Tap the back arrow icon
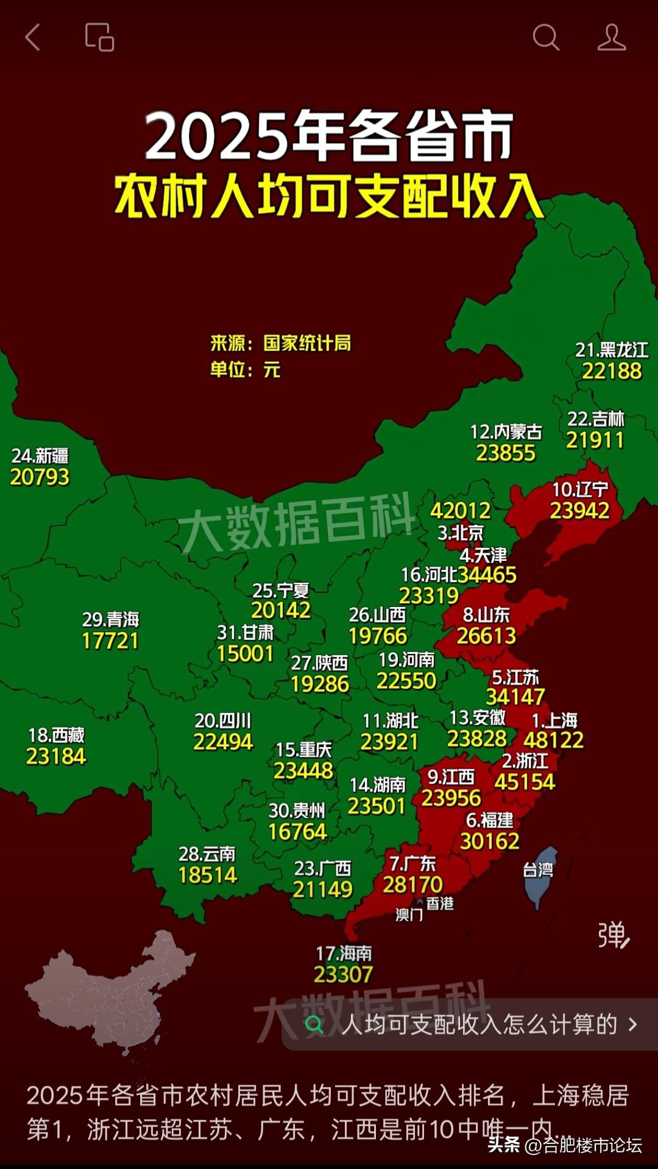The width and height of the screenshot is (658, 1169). tap(33, 37)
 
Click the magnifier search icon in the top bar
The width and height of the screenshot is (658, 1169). tap(545, 37)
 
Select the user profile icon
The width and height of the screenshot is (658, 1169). tap(611, 37)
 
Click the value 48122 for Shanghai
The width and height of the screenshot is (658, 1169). tap(553, 740)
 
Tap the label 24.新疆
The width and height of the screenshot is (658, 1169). tap(40, 455)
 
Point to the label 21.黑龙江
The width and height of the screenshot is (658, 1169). tap(612, 350)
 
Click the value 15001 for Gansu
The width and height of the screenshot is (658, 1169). tap(245, 653)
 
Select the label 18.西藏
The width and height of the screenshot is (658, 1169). tap(56, 735)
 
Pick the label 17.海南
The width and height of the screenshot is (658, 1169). tap(344, 953)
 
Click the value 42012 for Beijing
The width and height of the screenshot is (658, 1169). tap(461, 510)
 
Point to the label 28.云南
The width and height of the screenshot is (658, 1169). tap(207, 854)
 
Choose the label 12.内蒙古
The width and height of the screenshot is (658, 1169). tap(506, 432)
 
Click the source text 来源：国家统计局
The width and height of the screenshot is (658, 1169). tap(280, 343)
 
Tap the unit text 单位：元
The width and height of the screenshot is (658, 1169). tap(245, 369)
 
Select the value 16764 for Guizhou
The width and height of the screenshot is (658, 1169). tap(297, 832)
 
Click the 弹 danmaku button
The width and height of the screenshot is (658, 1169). tap(613, 935)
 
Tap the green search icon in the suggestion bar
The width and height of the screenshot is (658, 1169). tap(314, 1025)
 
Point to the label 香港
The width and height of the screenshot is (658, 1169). tap(440, 904)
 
